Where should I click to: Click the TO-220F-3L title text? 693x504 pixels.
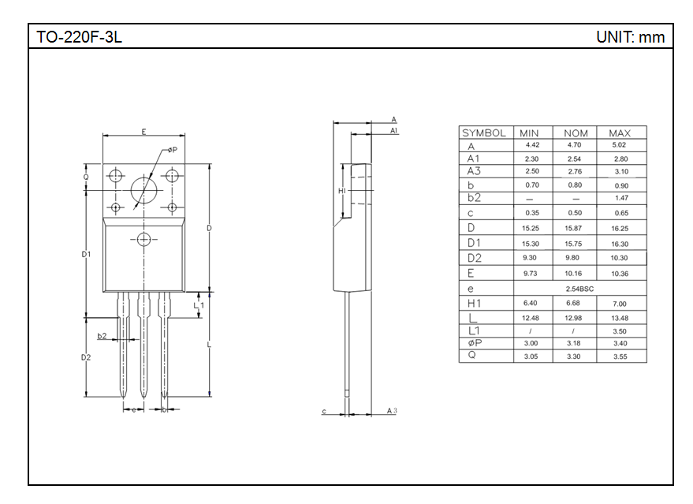click(79, 37)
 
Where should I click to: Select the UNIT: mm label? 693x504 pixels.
click(630, 37)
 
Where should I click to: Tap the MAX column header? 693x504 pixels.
click(620, 133)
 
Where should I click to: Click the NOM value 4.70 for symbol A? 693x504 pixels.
click(574, 144)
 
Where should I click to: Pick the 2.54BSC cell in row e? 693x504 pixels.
click(579, 289)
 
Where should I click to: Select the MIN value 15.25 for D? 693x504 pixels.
click(531, 228)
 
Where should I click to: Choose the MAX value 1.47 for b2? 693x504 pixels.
click(621, 198)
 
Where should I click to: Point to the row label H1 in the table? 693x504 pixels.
click(475, 304)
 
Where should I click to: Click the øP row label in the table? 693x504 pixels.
click(475, 342)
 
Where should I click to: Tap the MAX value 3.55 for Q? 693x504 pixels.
click(620, 357)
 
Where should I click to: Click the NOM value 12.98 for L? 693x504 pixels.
click(573, 318)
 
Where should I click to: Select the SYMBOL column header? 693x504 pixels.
click(484, 133)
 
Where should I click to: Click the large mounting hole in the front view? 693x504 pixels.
click(144, 191)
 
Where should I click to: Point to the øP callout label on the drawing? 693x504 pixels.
click(173, 150)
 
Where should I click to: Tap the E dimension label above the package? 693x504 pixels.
click(143, 132)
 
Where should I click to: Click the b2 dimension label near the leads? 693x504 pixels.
click(102, 335)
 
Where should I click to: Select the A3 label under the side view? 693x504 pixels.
click(392, 411)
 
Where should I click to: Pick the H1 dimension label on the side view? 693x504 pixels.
click(342, 191)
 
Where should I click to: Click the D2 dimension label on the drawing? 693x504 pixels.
click(86, 357)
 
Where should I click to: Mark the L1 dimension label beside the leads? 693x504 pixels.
click(199, 305)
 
